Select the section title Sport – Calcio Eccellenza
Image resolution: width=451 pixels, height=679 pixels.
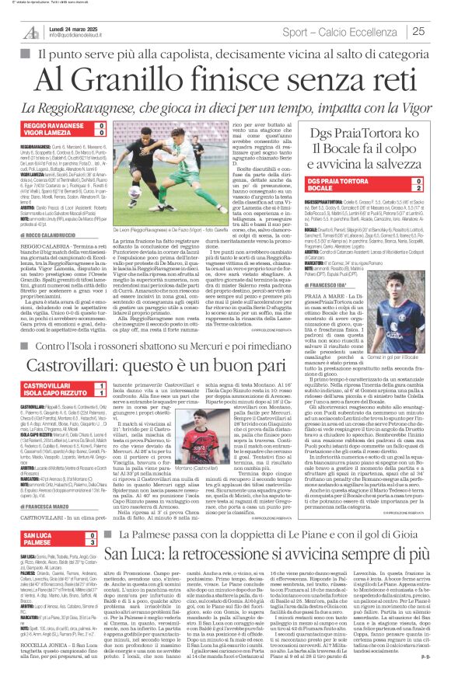343,32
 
